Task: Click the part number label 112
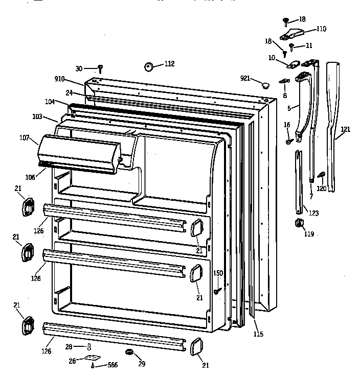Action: click(x=169, y=64)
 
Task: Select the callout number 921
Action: click(x=245, y=78)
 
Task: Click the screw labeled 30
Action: click(x=101, y=68)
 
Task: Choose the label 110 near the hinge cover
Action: click(x=321, y=29)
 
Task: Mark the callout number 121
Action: click(x=346, y=129)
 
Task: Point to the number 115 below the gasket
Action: click(x=258, y=334)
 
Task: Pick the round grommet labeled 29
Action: click(x=129, y=352)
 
